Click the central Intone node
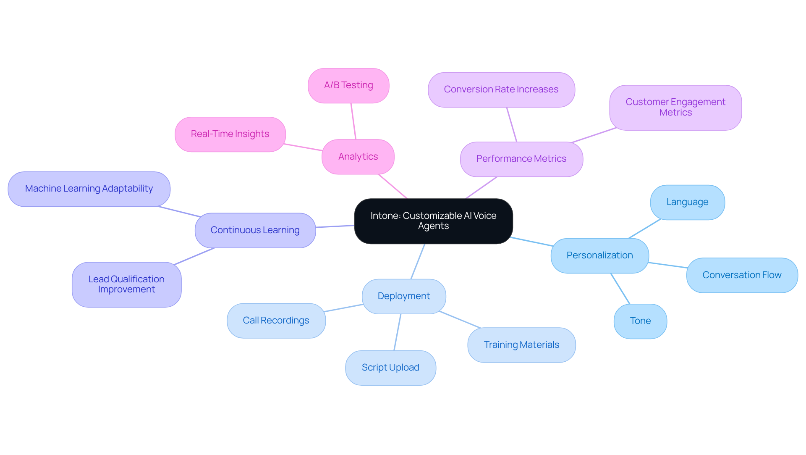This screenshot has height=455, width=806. (433, 221)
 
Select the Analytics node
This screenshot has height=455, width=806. (358, 157)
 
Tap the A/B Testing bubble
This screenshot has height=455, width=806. (348, 85)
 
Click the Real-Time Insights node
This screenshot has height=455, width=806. (230, 134)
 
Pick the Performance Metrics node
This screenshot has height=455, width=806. (521, 159)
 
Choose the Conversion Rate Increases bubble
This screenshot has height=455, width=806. (501, 89)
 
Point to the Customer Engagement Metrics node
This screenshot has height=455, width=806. (675, 108)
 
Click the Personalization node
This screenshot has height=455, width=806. (599, 255)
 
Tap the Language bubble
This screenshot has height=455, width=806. (687, 202)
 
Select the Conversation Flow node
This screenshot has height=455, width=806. (742, 275)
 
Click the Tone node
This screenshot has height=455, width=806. (640, 321)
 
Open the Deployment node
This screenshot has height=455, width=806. (404, 296)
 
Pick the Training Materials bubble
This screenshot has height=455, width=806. (521, 345)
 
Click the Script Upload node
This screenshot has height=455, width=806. (390, 368)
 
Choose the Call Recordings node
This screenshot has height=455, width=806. (276, 321)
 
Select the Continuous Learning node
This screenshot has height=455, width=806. (255, 230)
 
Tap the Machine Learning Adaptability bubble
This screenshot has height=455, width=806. (89, 189)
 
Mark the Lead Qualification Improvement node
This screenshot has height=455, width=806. (126, 284)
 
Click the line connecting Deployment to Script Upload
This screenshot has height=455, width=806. (398, 332)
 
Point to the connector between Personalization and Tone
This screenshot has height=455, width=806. (620, 289)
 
